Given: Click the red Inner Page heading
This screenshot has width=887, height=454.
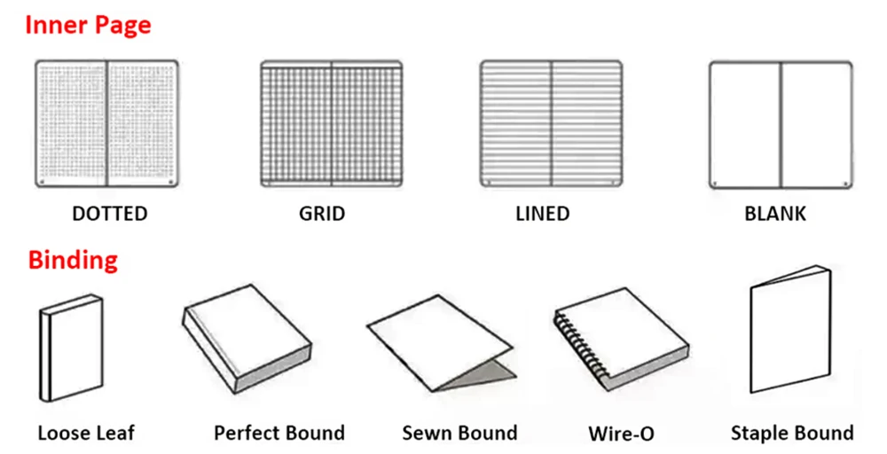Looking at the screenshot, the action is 88,24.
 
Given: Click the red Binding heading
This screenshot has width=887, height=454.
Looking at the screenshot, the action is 73,261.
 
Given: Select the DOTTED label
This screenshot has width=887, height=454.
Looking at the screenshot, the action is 110,214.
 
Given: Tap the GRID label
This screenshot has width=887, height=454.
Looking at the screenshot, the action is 322,214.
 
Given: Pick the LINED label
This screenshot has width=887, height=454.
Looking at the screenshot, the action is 542,214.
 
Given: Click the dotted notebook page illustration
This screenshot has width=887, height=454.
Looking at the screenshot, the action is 106,123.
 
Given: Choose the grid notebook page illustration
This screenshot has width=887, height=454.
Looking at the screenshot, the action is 332,123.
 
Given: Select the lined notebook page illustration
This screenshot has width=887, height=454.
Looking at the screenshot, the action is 551,123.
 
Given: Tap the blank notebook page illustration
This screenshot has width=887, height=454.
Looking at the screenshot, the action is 781,123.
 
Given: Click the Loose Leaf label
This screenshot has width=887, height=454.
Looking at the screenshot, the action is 86,434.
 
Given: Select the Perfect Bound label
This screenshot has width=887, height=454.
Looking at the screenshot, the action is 279,434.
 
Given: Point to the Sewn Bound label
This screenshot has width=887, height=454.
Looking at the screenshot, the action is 459,434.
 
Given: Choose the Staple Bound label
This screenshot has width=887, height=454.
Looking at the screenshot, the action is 792,434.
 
